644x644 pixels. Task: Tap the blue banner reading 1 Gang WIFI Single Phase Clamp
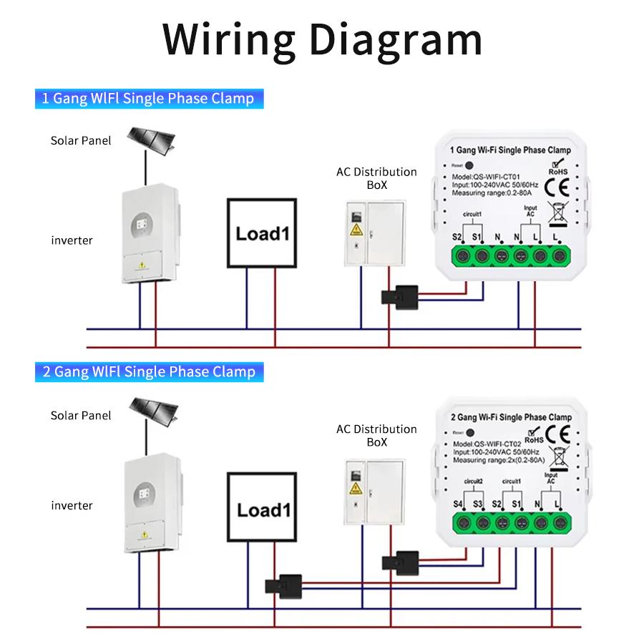[149, 98]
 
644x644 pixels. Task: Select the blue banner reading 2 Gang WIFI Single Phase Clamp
[149, 371]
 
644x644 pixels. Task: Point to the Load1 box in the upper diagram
[261, 233]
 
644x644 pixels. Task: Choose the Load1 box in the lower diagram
[261, 509]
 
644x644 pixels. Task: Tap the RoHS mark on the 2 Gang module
[531, 439]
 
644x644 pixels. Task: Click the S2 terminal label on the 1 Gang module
[457, 236]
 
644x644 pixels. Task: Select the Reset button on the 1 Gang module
[469, 165]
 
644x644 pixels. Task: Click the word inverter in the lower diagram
[72, 506]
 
